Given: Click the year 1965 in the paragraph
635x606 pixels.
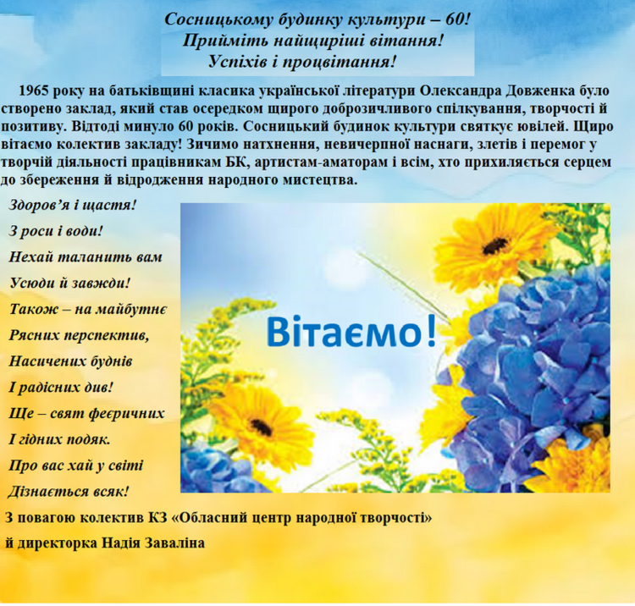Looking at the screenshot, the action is (33, 91).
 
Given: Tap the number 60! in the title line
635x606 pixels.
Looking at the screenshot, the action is (457, 19).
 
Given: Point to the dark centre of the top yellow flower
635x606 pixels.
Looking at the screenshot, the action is (495, 245).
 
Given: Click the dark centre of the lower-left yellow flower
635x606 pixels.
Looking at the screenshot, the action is (261, 427).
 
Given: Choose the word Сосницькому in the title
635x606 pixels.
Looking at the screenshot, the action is (219, 19).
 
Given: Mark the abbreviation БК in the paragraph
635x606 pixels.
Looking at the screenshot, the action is (234, 162).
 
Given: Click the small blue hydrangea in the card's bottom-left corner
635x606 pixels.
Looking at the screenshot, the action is (211, 470).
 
